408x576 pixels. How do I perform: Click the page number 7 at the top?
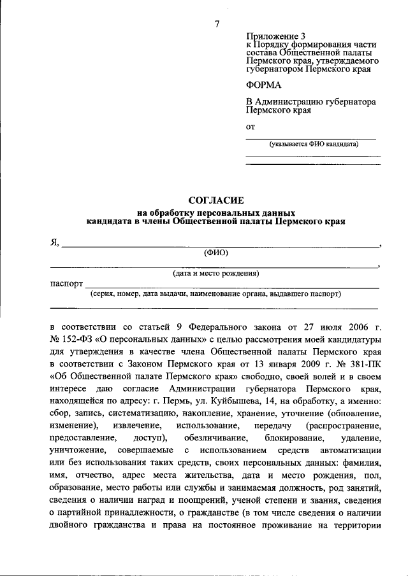tap(217, 24)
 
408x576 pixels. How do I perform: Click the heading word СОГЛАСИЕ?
tap(216, 200)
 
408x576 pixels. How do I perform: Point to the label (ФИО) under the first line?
tap(216, 253)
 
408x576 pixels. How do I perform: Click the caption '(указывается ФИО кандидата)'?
tap(313, 144)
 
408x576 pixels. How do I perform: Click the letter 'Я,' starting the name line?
tap(55, 242)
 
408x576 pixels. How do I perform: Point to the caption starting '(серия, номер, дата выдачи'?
tap(216, 294)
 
